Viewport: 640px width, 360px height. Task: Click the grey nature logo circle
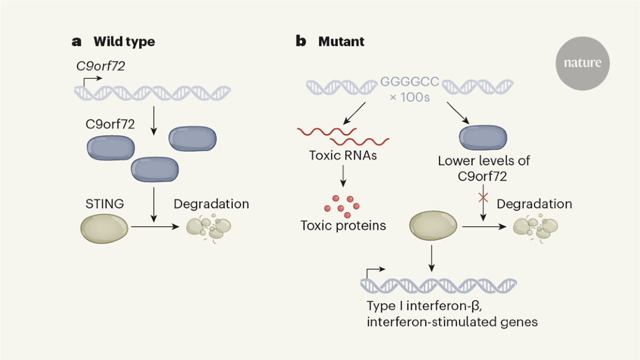pyautogui.click(x=582, y=62)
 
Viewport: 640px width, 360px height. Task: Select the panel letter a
pyautogui.click(x=77, y=42)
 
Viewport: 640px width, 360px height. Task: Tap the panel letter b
pyautogui.click(x=301, y=42)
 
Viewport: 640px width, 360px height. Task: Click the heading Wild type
pyautogui.click(x=124, y=42)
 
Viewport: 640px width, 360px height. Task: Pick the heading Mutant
pyautogui.click(x=341, y=42)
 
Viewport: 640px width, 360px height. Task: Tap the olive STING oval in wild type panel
pyautogui.click(x=104, y=228)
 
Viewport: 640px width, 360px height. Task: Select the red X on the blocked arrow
pyautogui.click(x=482, y=198)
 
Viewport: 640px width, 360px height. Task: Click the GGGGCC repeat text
pyautogui.click(x=410, y=82)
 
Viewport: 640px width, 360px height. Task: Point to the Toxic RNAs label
pyautogui.click(x=343, y=155)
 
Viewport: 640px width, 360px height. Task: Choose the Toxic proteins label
pyautogui.click(x=343, y=225)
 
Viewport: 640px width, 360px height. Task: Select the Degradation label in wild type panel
pyautogui.click(x=211, y=204)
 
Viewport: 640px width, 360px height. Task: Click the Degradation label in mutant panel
pyautogui.click(x=534, y=204)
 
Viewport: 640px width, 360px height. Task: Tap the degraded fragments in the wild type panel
pyautogui.click(x=209, y=228)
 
